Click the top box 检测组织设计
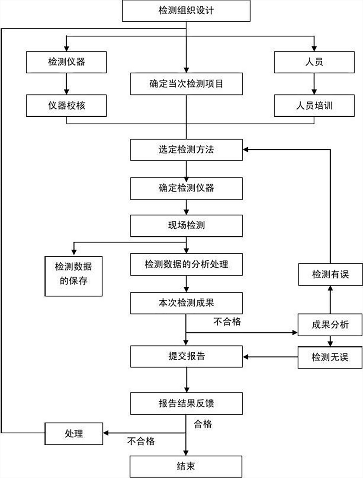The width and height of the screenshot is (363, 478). pos(186,10)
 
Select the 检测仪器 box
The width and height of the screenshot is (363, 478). pos(66,62)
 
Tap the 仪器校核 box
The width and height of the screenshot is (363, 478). pos(66,106)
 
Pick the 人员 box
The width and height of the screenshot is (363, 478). pos(314,62)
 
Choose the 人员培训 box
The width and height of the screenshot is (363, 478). pos(314,106)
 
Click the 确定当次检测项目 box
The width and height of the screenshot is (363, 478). pos(186,83)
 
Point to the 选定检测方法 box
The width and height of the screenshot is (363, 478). pos(186,149)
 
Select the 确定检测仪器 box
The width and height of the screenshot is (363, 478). pos(186,188)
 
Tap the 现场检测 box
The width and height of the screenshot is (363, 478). pos(186,225)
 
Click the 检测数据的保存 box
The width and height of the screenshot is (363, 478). pos(73,275)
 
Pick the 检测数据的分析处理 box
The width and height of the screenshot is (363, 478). pos(186,264)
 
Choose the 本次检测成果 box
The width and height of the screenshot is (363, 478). pos(186,303)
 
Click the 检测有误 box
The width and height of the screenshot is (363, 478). pos(330,274)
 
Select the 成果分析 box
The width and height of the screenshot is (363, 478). pos(330,325)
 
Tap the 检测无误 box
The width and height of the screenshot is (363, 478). pos(330,357)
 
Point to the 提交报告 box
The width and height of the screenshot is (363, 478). pos(186,356)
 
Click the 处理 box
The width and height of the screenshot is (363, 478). pos(73,433)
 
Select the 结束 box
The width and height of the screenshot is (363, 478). pos(186,466)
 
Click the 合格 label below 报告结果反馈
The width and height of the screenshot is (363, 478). pos(203,424)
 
